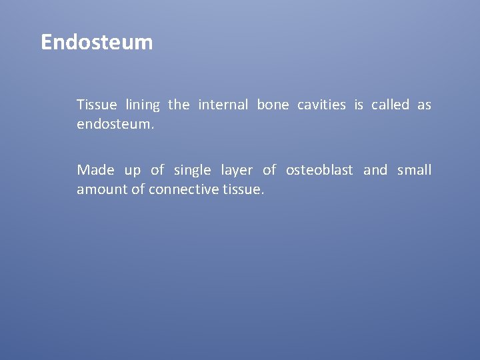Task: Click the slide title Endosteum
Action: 97,43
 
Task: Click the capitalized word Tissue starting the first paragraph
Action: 97,105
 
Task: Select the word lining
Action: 143,105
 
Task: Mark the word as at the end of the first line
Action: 424,105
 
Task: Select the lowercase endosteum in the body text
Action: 115,124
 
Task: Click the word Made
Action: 95,171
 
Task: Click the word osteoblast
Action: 319,171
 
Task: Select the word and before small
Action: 375,171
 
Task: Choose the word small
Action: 414,171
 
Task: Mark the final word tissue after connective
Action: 243,190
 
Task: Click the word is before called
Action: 359,105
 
